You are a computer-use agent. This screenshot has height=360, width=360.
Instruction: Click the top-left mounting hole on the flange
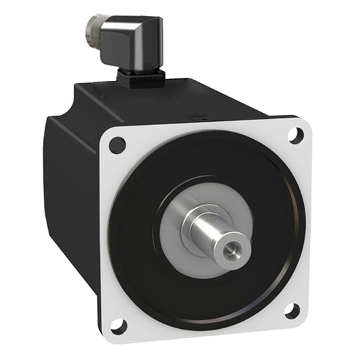pyautogui.click(x=117, y=145)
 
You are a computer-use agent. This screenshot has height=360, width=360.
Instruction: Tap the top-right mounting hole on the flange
pyautogui.click(x=295, y=135)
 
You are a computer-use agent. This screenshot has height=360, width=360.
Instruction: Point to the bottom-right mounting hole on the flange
pyautogui.click(x=292, y=311)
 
